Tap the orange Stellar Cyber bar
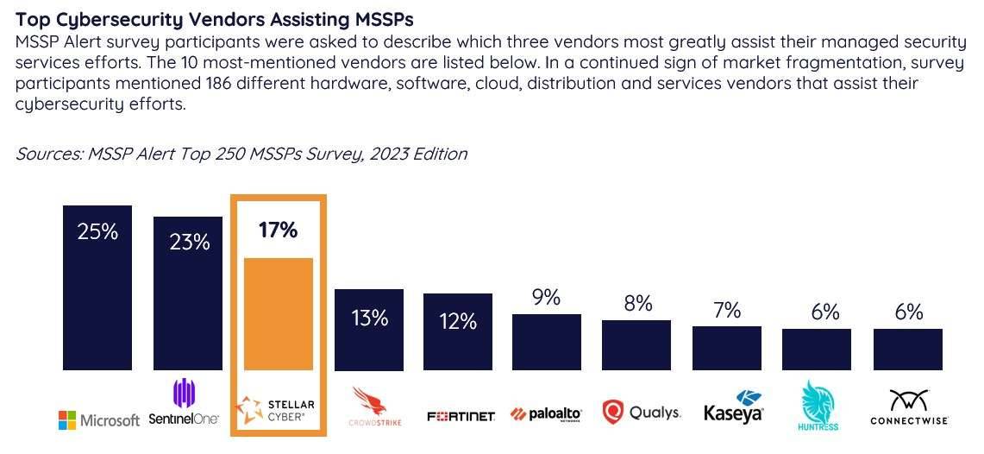[278, 314]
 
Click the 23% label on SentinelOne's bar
[188, 242]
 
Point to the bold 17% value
[278, 230]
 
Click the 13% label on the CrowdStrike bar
[368, 318]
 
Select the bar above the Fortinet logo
[457, 332]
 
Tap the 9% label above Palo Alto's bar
[546, 299]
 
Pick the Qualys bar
[636, 345]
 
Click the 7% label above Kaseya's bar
[726, 310]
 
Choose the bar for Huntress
[816, 350]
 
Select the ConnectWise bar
[907, 350]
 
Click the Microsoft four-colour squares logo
[67, 420]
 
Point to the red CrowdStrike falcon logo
[369, 400]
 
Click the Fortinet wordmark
[461, 417]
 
